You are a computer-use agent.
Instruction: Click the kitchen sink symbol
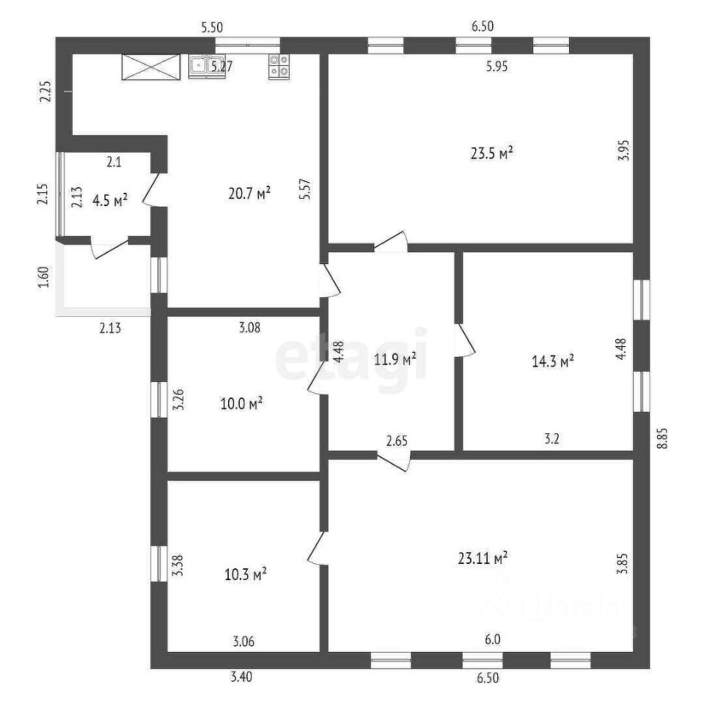pos(207,67)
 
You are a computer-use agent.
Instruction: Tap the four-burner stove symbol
pos(279,67)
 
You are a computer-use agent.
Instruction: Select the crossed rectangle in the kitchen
pos(151,67)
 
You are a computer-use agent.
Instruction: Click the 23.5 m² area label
pos(492,153)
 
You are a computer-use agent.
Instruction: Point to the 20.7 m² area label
pos(249,194)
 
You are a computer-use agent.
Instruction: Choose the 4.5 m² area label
pos(110,200)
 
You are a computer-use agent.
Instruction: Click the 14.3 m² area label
pos(553,361)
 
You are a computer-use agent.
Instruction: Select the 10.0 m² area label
pos(241,403)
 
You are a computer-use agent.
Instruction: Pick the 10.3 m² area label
pos(246,574)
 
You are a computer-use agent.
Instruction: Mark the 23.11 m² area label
pos(483,558)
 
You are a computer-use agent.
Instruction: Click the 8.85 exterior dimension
pos(663,438)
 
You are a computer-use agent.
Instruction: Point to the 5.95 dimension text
pos(496,67)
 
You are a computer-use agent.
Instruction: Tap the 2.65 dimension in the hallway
pos(397,441)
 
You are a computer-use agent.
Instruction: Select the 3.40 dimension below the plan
pos(241,676)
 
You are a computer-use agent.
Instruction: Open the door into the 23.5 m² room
pos(391,241)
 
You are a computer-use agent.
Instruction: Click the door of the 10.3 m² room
pos(318,549)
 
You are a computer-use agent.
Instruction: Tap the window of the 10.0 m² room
pos(159,400)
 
